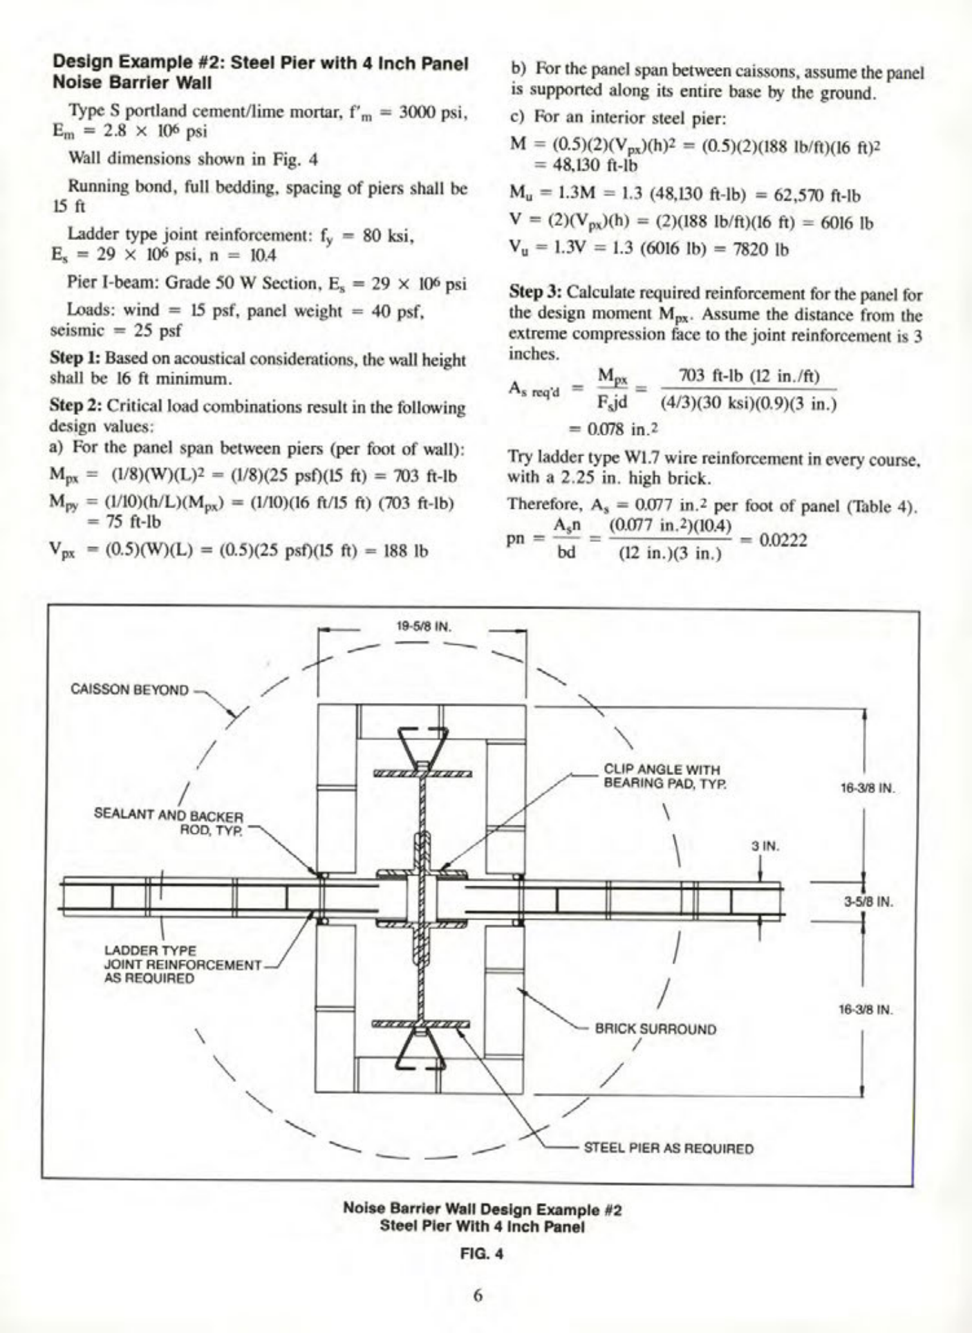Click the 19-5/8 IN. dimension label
pos(423,627)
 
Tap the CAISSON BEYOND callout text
pos(129,690)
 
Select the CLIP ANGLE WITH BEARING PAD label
pos(662,776)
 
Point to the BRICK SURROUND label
pos(655,1029)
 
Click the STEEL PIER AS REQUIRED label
pos(669,1148)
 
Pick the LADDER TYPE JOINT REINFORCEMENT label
pos(182,964)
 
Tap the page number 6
pos(478,1295)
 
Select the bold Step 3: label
pos(534,294)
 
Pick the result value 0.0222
pos(783,540)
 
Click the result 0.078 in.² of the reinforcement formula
pos(613,429)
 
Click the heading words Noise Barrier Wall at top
pos(132,83)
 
